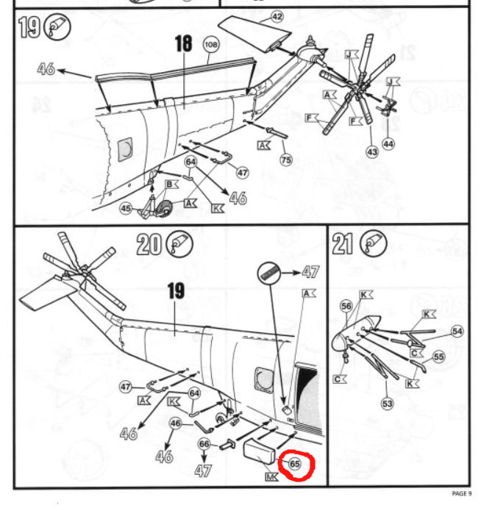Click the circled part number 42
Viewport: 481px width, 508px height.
pyautogui.click(x=277, y=17)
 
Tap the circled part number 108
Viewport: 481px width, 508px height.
pyautogui.click(x=211, y=44)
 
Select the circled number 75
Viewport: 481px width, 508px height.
pyautogui.click(x=286, y=160)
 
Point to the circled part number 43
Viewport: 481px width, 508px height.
pyautogui.click(x=372, y=152)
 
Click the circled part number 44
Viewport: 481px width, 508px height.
pyautogui.click(x=388, y=144)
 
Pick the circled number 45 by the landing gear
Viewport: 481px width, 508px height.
pyautogui.click(x=126, y=208)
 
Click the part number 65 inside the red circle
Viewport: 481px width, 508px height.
pyautogui.click(x=295, y=464)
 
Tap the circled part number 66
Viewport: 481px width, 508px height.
pyautogui.click(x=204, y=444)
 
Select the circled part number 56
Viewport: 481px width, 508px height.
pyautogui.click(x=346, y=306)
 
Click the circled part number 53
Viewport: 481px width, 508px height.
pyautogui.click(x=388, y=404)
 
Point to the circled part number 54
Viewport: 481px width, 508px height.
pyautogui.click(x=457, y=331)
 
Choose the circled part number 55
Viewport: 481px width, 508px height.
pyautogui.click(x=438, y=357)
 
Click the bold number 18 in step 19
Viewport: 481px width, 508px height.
pyautogui.click(x=183, y=43)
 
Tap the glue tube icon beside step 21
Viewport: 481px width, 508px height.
pyautogui.click(x=374, y=243)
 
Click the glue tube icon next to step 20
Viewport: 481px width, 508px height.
pyautogui.click(x=179, y=243)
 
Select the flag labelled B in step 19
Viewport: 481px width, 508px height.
pyautogui.click(x=172, y=185)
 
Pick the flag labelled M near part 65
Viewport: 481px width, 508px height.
pyautogui.click(x=271, y=476)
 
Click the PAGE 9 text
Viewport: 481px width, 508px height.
pyautogui.click(x=462, y=493)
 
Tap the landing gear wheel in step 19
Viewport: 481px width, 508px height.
pyautogui.click(x=166, y=208)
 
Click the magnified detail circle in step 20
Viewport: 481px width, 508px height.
pyautogui.click(x=268, y=273)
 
